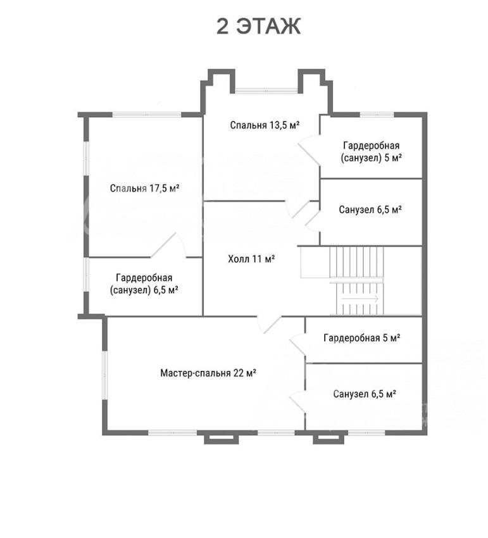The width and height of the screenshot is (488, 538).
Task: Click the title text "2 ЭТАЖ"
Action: point(259,26)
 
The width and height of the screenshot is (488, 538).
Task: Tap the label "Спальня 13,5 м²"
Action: point(265,125)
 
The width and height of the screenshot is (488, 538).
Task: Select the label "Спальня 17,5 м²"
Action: point(145,188)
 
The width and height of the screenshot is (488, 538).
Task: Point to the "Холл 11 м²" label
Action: point(251,259)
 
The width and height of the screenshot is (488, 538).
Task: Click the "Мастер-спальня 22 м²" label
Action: point(208,373)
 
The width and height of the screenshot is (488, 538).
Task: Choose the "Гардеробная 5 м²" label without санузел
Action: point(361,338)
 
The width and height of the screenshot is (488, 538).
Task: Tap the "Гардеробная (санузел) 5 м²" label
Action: point(372,152)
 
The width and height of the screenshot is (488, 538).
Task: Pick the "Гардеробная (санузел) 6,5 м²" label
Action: point(144,284)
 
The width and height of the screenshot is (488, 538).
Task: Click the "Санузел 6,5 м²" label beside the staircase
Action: point(370,210)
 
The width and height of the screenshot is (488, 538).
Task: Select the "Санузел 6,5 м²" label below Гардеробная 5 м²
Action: point(365,394)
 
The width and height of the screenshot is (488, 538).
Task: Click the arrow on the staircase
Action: point(360,299)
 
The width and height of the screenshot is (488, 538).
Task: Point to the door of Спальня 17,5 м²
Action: point(168,245)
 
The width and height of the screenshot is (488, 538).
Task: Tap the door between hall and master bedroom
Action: point(269,325)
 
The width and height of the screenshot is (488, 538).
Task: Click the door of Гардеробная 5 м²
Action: point(297,344)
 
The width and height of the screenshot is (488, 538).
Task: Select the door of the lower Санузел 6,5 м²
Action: point(297,402)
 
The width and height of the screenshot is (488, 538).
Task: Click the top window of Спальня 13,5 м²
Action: point(266,91)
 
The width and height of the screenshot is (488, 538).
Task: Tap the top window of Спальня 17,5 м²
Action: point(147,115)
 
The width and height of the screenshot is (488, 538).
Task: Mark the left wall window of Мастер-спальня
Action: point(105,375)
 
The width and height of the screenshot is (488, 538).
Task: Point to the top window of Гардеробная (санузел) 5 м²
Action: point(377,115)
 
